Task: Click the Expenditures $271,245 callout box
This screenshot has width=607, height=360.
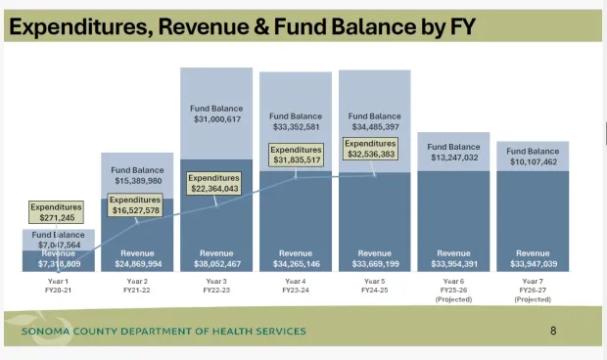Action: pos(55,212)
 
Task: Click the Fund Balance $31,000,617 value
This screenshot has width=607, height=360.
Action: pos(216,112)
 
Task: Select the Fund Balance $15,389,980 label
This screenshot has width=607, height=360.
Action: pos(137,175)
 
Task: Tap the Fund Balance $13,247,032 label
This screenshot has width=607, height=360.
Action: pos(454,151)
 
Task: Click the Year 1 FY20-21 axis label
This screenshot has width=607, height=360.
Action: pos(58,286)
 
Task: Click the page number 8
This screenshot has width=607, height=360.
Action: pos(553,331)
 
